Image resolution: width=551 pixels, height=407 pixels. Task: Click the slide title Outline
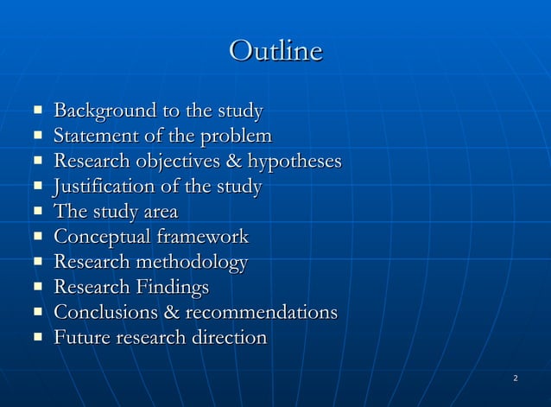tap(275, 51)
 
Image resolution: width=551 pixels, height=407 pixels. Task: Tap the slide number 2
tap(515, 378)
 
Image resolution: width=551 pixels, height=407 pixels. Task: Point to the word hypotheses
tap(294, 162)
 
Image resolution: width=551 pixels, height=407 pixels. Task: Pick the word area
tap(159, 212)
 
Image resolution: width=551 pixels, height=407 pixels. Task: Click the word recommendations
tap(262, 312)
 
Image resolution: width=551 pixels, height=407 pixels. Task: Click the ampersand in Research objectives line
tap(233, 162)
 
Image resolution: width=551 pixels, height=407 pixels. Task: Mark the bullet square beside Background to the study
tap(38, 111)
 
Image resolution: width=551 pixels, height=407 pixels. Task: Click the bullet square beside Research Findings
tap(38, 287)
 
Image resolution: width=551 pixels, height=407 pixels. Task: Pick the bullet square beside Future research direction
tap(38, 337)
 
